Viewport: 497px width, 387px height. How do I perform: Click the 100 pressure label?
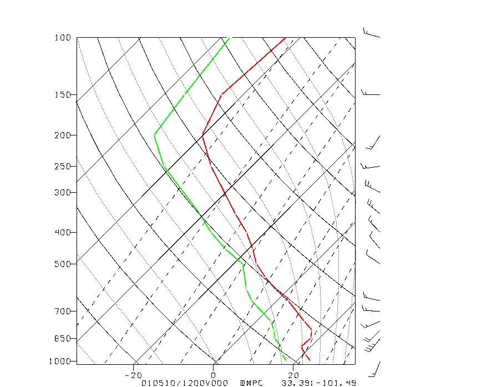[63, 38]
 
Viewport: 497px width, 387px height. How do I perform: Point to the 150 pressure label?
[63, 94]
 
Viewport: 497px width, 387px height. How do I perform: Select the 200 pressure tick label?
[63, 135]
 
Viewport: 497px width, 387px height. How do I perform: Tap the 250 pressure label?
[63, 166]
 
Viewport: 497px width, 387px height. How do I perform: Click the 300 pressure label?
[63, 192]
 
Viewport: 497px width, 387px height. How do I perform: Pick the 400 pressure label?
[63, 232]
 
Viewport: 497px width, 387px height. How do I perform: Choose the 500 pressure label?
[63, 264]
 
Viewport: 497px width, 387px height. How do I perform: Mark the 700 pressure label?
[63, 311]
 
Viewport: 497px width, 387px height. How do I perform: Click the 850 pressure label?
[63, 338]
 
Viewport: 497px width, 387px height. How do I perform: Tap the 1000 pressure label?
[61, 361]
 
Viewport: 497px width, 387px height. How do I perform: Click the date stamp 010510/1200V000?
[185, 383]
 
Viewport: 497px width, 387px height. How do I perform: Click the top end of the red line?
[285, 38]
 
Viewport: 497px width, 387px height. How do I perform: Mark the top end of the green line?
[229, 38]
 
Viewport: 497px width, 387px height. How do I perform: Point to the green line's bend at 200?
[154, 134]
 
